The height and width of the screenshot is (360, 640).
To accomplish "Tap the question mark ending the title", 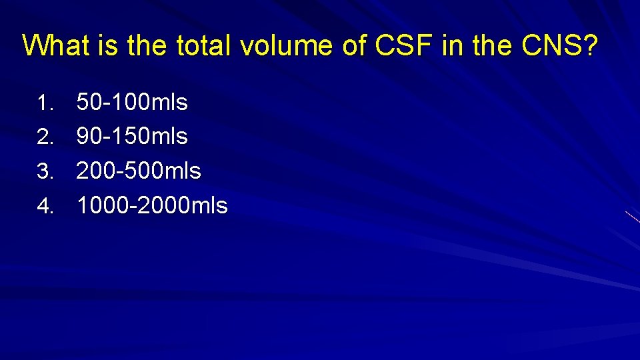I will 591,46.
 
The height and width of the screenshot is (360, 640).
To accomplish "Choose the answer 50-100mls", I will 132,103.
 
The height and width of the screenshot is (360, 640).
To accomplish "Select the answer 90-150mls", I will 132,137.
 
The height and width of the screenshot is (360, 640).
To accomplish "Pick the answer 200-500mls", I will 139,171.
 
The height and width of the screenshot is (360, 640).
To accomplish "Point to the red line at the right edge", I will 633,217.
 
